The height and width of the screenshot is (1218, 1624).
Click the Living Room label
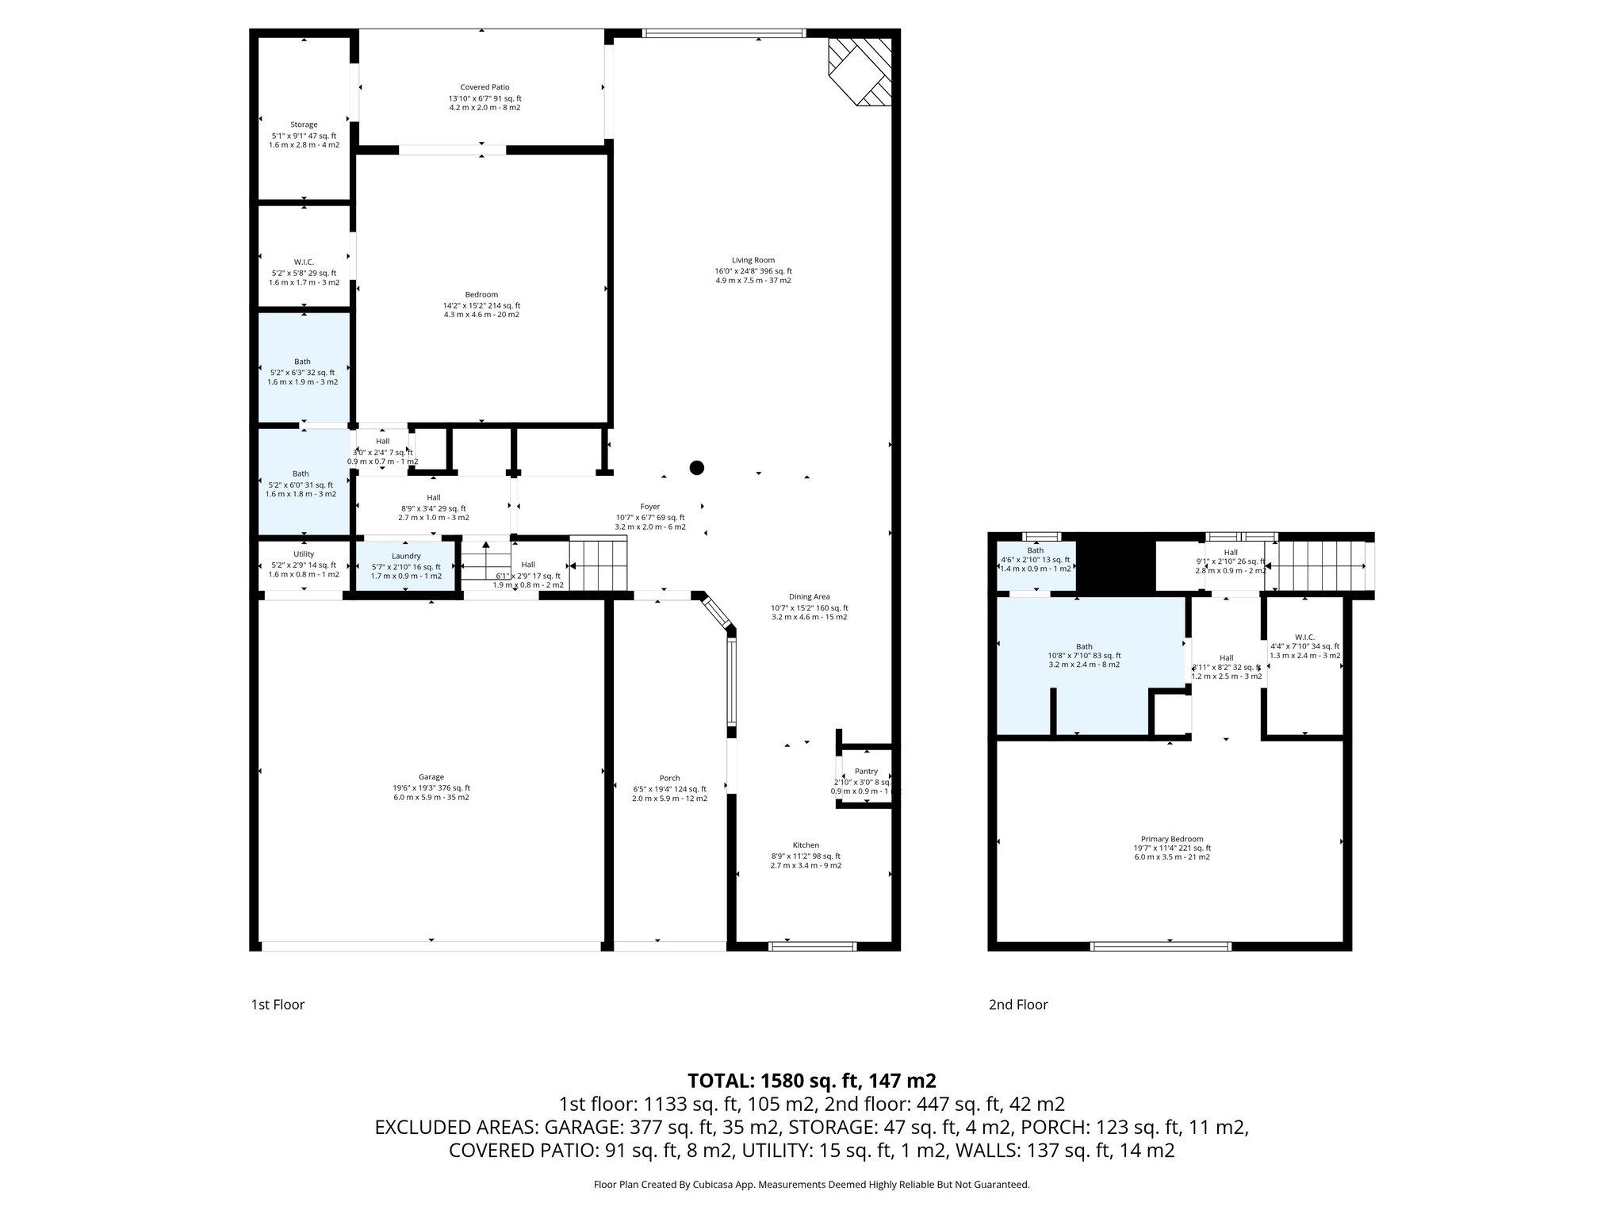click(753, 261)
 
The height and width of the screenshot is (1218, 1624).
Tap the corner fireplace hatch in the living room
click(861, 71)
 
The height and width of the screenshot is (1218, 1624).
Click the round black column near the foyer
click(696, 468)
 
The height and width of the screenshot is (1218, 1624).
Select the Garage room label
click(431, 777)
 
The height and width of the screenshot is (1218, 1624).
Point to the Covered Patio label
click(485, 87)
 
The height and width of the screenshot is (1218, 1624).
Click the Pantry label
click(866, 772)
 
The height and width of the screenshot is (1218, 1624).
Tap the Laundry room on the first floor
click(405, 565)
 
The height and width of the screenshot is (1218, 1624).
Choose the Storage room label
click(304, 124)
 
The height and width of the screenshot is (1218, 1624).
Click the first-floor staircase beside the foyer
click(599, 564)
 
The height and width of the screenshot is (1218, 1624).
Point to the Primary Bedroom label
click(1172, 839)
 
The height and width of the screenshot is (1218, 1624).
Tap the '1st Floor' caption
click(278, 1005)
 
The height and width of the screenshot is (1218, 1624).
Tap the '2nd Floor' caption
click(1018, 1005)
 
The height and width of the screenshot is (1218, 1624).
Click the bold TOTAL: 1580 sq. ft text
click(811, 1081)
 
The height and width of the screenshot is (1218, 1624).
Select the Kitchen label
click(806, 845)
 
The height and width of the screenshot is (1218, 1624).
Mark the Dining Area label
click(809, 597)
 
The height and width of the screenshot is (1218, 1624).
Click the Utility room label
click(304, 554)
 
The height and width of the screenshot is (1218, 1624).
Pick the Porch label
click(669, 778)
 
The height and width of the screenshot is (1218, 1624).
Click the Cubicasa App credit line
click(811, 1185)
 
